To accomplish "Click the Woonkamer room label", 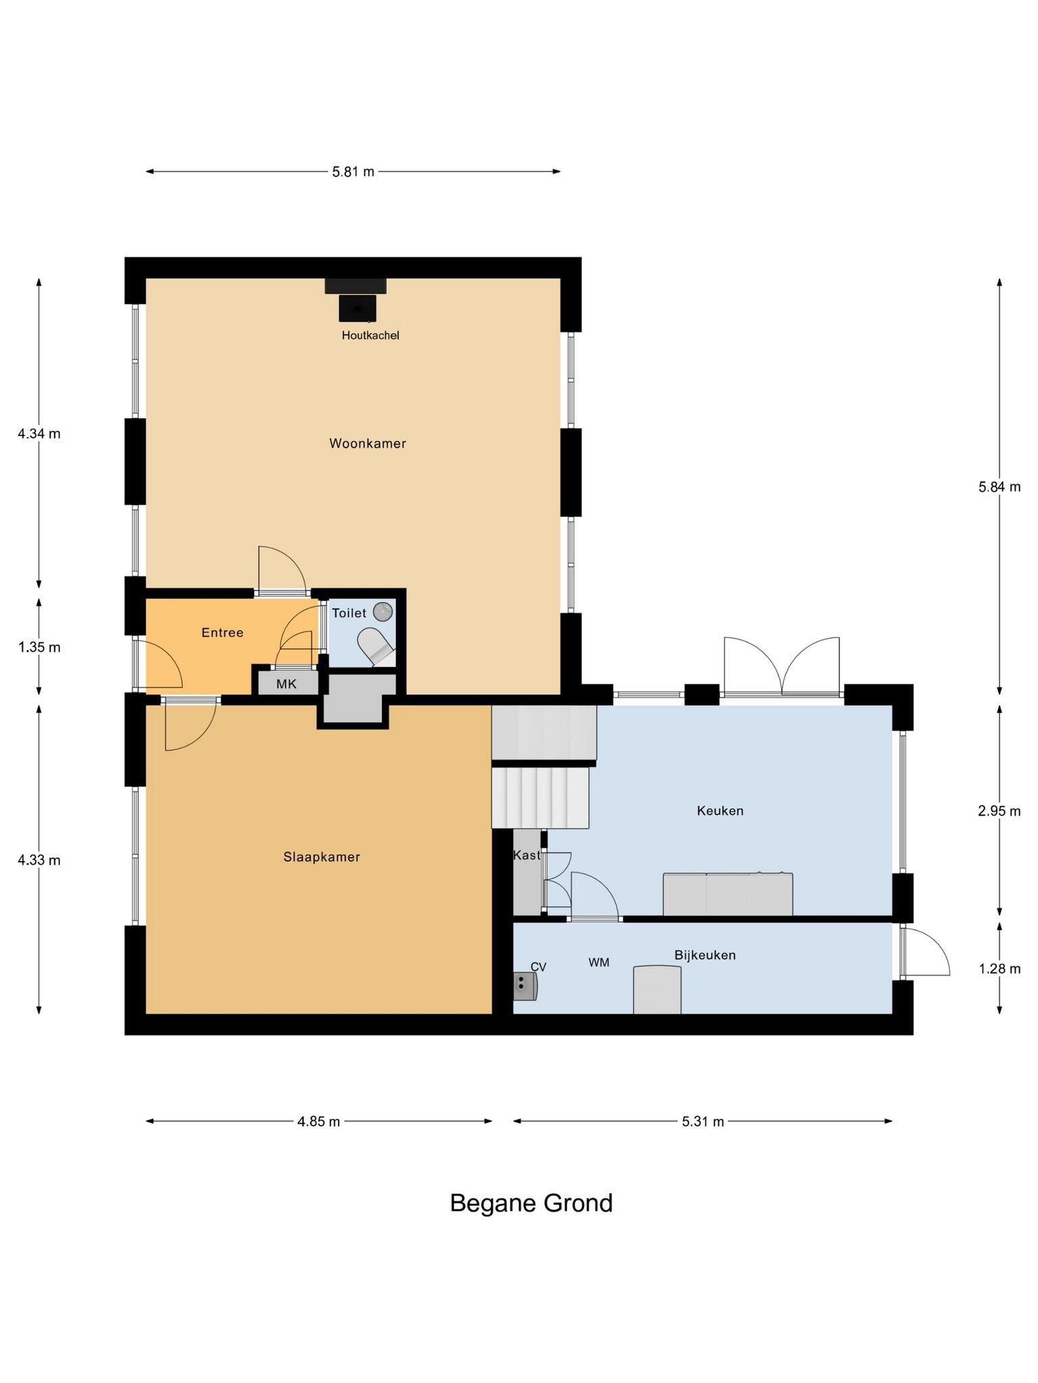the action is (x=368, y=444).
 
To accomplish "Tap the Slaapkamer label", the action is (x=322, y=857).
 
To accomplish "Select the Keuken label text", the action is (x=720, y=810).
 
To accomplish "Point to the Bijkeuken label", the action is (x=705, y=955).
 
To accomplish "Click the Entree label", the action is (x=222, y=633).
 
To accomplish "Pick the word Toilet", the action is (x=349, y=613).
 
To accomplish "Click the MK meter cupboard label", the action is (x=287, y=684).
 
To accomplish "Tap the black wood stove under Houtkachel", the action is (x=357, y=307).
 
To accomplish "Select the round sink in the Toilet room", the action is (x=383, y=611).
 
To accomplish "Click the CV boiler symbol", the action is (x=525, y=985).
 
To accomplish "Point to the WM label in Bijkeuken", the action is (x=599, y=962).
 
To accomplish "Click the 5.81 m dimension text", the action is (x=353, y=172).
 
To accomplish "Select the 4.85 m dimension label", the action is (x=318, y=1122).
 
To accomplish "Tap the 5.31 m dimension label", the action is (x=703, y=1122).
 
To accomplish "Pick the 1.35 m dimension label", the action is (x=39, y=647).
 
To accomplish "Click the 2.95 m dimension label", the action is (x=999, y=811).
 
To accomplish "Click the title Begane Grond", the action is (x=531, y=1203).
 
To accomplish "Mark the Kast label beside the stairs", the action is (x=526, y=855).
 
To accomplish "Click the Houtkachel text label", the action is (x=370, y=335).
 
